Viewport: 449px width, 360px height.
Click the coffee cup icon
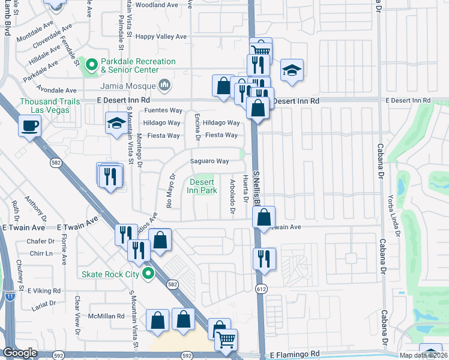29,125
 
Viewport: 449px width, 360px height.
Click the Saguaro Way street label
209,161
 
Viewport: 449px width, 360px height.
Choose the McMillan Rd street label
106,316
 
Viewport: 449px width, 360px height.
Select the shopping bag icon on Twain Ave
265,217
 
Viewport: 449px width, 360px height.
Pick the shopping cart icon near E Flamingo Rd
226,340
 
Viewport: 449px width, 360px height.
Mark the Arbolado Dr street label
232,196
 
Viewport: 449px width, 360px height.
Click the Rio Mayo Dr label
170,188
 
